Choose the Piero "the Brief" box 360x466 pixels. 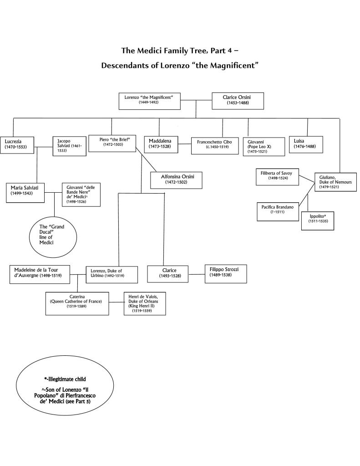coord(112,143)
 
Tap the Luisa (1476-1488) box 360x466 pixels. coord(306,144)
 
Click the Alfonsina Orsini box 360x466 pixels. coord(176,180)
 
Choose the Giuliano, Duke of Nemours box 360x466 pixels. coord(335,181)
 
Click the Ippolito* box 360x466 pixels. coord(318,220)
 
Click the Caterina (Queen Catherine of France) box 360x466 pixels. coord(77,303)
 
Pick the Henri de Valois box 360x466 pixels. coord(143,303)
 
